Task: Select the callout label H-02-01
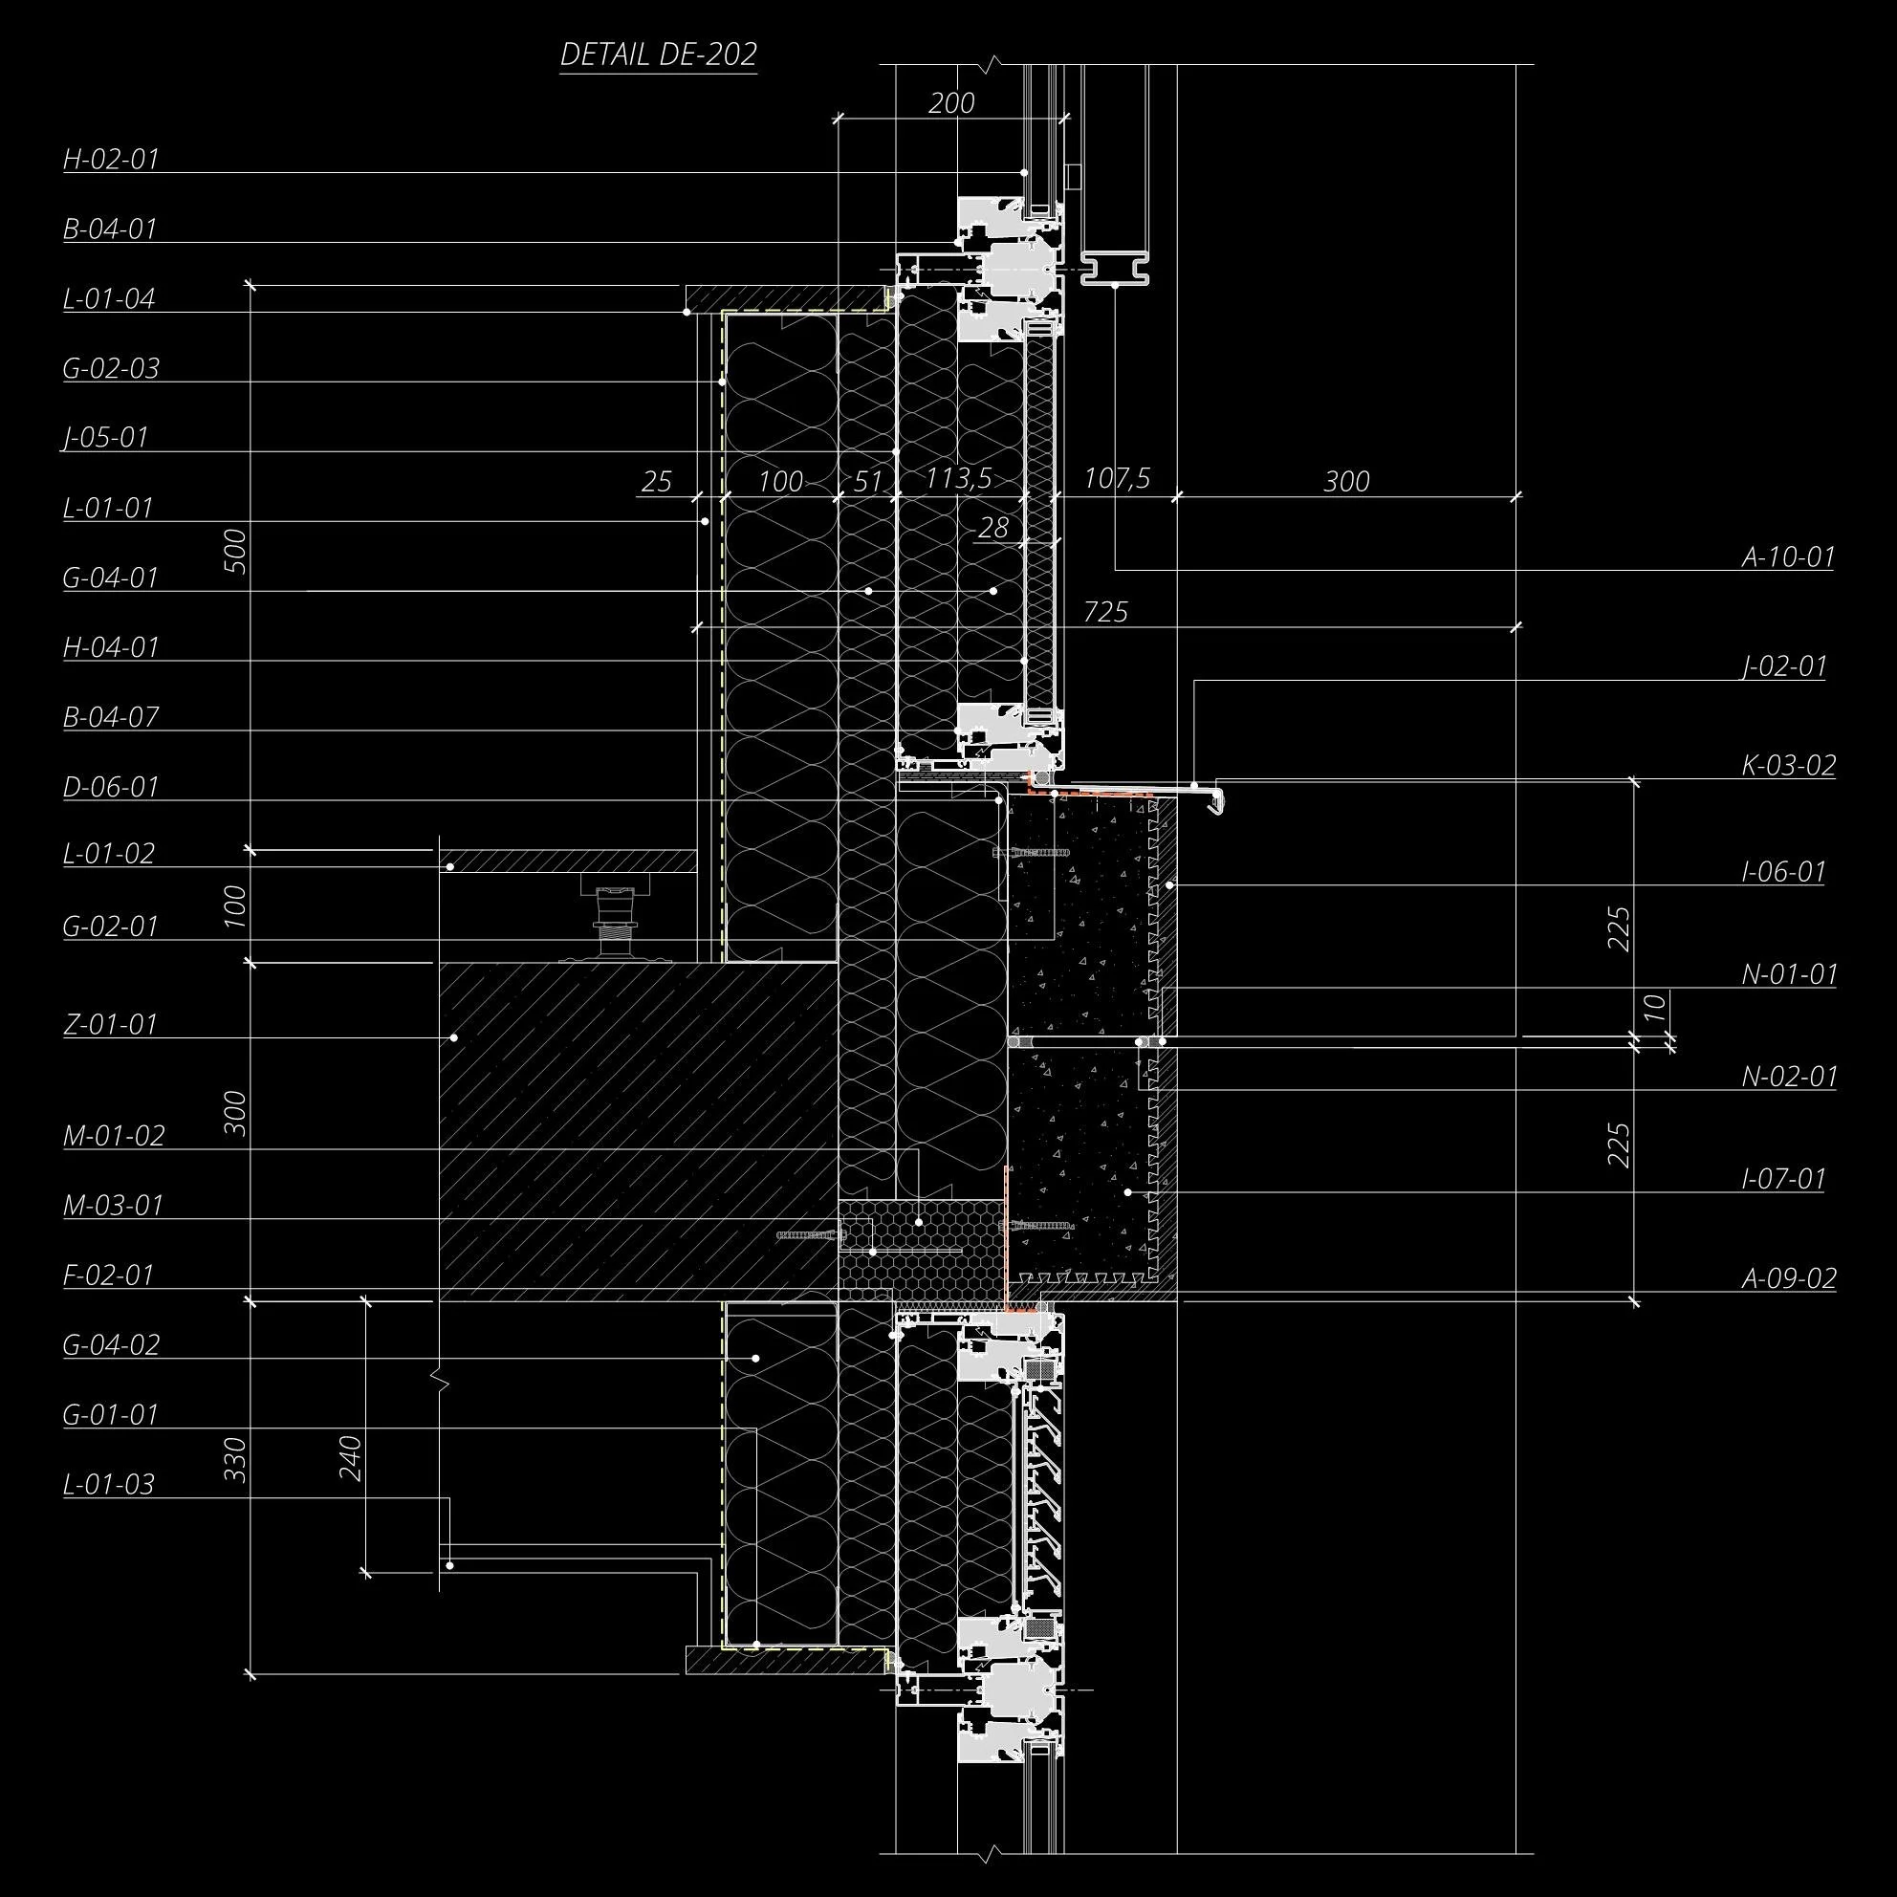pyautogui.click(x=110, y=159)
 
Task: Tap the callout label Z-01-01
pyautogui.click(x=110, y=1024)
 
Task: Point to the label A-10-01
pyautogui.click(x=1788, y=556)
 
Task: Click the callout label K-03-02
pyautogui.click(x=1788, y=765)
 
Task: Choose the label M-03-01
pyautogui.click(x=112, y=1205)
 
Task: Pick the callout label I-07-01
pyautogui.click(x=1783, y=1177)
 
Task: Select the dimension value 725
pyautogui.click(x=1105, y=612)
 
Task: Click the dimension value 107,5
pyautogui.click(x=1117, y=478)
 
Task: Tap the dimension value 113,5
pyautogui.click(x=958, y=478)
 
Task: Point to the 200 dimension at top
pyautogui.click(x=950, y=102)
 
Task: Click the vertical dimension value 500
pyautogui.click(x=235, y=550)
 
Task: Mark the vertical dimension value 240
pyautogui.click(x=351, y=1458)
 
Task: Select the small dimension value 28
pyautogui.click(x=992, y=527)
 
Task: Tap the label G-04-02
pyautogui.click(x=110, y=1344)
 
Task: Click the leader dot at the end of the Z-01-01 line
pyautogui.click(x=453, y=1036)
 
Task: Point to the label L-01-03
pyautogui.click(x=108, y=1484)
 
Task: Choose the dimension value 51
pyautogui.click(x=867, y=481)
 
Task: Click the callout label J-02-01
pyautogui.click(x=1783, y=665)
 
